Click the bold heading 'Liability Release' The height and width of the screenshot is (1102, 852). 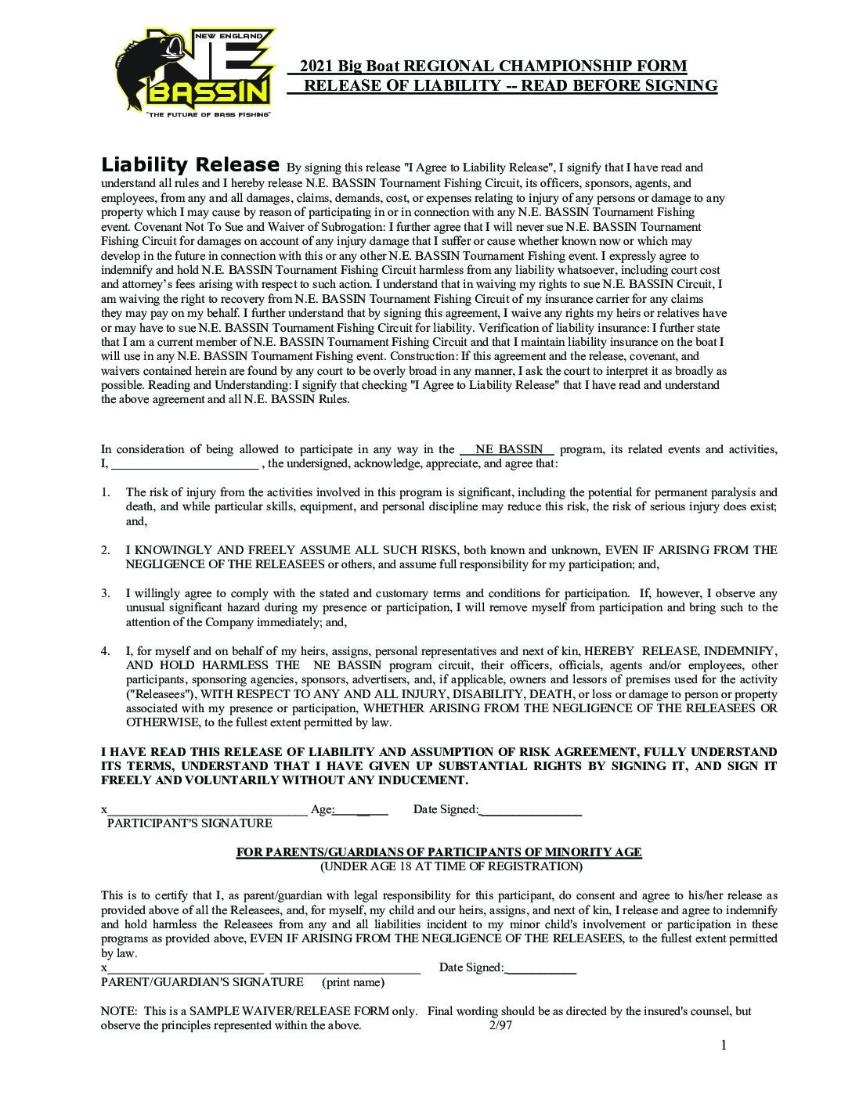coord(190,165)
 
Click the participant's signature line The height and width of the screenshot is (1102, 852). coord(208,810)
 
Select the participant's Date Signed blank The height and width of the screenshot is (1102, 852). coord(530,810)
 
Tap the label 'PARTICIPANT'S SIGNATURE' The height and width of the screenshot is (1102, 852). coord(190,823)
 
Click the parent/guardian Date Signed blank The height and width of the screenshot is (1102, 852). coord(541,968)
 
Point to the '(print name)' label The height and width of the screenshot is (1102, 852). coord(353,982)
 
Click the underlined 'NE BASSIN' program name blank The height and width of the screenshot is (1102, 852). coord(508,449)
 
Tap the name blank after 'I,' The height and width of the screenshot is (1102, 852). coord(185,463)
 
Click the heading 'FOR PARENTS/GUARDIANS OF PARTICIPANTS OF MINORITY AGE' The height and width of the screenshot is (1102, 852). coord(439,852)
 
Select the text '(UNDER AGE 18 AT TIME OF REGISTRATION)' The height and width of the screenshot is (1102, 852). coord(451,866)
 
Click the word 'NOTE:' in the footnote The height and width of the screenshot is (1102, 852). coord(117,1011)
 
